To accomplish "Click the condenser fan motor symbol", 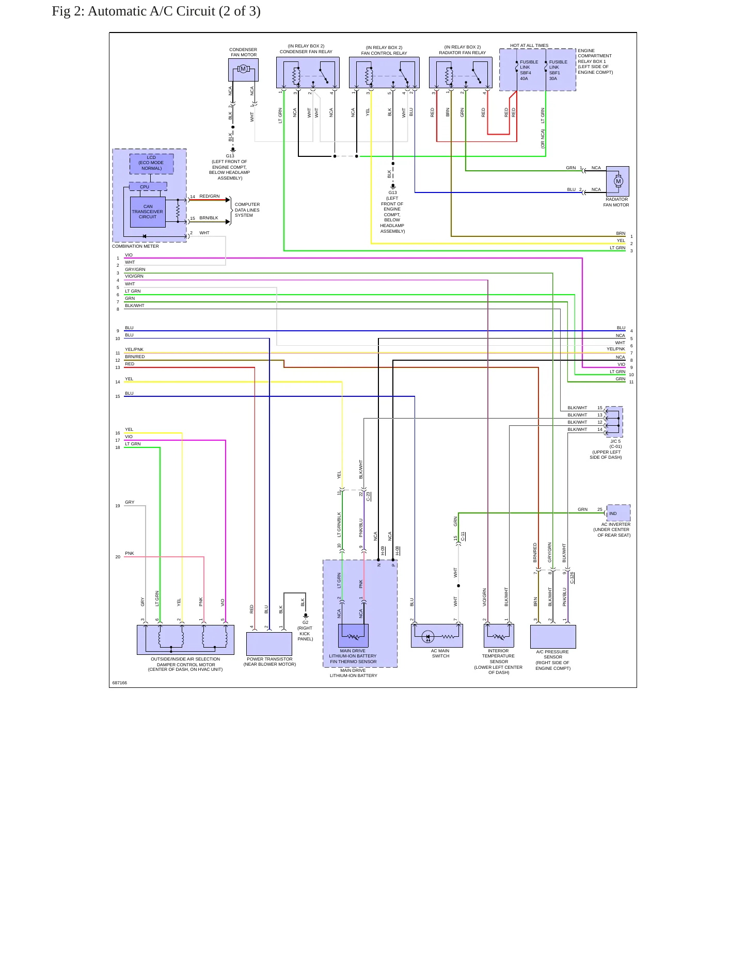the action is coord(243,69).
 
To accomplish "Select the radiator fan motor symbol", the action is coord(617,181).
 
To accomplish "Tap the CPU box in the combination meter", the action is coord(148,187).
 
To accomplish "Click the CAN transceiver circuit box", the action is coord(148,212).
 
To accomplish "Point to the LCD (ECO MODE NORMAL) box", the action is coord(151,163).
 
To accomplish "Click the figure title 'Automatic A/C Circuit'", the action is coord(151,11).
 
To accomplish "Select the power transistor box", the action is coord(269,644).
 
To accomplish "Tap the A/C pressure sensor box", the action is coord(553,637).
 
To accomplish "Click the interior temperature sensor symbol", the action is coord(499,636).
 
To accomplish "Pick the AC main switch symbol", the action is coord(437,636).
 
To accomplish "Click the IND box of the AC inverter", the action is coord(618,513).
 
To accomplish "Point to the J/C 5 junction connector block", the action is coord(614,422).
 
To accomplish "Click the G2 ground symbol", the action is coord(306,616).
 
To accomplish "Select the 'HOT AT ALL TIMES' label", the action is coord(529,45).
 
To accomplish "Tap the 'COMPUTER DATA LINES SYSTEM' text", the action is coord(247,210).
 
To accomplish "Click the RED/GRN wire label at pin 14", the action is coord(210,197).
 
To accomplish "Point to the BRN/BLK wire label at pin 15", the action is coord(209,218).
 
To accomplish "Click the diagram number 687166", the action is coord(119,683).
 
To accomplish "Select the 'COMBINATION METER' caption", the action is coord(135,246).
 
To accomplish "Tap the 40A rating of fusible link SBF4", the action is coord(524,78).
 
